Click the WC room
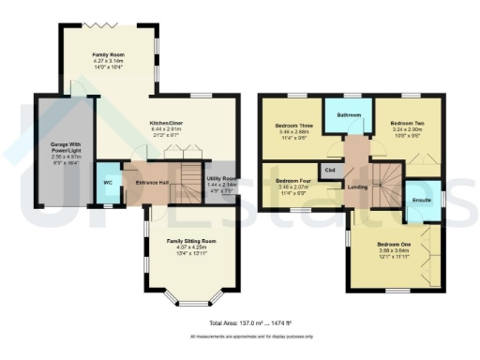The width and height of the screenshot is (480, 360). tap(108, 182)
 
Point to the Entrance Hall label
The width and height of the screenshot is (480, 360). tap(152, 182)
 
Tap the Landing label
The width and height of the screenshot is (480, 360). tap(357, 187)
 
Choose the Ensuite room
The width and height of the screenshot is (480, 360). tap(422, 200)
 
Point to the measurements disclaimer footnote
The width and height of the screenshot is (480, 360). tap(238, 336)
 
